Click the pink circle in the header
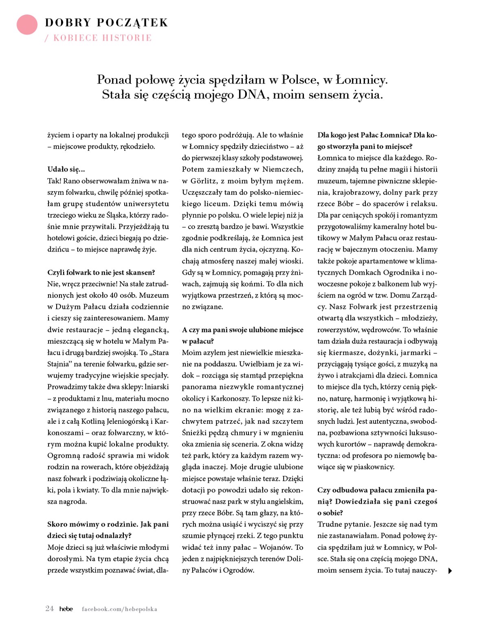27,24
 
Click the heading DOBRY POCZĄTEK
106,23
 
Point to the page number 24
50,609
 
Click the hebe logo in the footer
66,609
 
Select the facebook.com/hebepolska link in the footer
119,609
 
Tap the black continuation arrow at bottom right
450,571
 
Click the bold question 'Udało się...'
66,169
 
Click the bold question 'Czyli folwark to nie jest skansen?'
101,273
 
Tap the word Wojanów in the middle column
275,547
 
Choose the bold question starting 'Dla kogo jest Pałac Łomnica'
377,141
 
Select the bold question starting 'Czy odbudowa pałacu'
377,502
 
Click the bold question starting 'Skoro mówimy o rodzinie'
108,530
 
